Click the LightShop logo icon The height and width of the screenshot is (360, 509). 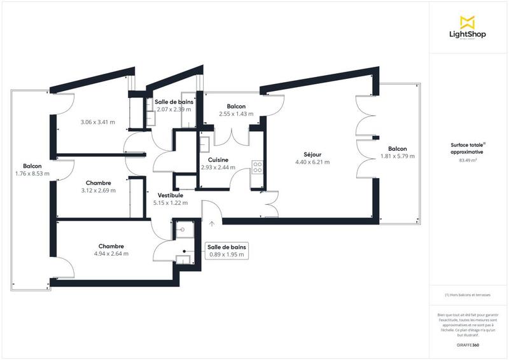coord(467,22)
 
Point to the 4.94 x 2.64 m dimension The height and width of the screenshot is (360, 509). coord(111,253)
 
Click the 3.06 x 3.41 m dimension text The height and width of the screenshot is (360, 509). coord(97,122)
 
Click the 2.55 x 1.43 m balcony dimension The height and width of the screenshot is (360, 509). coord(236,114)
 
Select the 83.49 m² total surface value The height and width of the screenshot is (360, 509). coord(468,161)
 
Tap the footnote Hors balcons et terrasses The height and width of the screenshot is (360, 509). coord(468,295)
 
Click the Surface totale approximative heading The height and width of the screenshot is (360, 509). coord(468,149)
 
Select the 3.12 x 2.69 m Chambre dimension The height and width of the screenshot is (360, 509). coord(97,190)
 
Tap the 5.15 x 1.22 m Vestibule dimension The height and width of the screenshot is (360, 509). coord(171,203)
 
